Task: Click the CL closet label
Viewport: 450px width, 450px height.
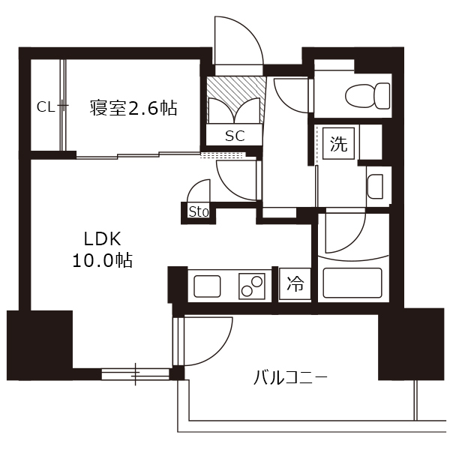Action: [45, 107]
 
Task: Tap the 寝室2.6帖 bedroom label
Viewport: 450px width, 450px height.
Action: [133, 108]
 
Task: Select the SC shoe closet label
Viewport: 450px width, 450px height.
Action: [235, 136]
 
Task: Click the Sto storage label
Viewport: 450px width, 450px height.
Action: [198, 212]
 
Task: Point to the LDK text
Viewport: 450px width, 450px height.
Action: [102, 238]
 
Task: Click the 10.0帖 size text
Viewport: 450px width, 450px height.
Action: [102, 260]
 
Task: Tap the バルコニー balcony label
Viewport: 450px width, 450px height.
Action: [289, 378]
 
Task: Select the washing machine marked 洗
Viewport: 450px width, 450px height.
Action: [339, 143]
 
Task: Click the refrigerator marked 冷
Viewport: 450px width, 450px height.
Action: [295, 284]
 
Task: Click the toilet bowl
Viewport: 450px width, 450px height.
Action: [367, 95]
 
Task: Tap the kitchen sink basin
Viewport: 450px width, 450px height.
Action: [207, 286]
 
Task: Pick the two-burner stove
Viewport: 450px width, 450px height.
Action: [251, 286]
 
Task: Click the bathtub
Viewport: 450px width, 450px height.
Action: [352, 283]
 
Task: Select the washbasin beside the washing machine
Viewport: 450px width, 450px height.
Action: [375, 187]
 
